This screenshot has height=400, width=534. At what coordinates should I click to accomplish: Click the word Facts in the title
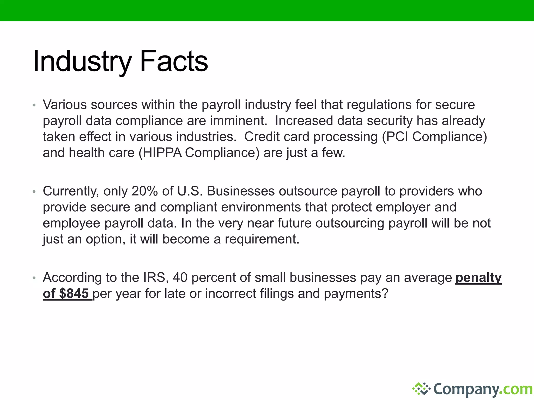(174, 62)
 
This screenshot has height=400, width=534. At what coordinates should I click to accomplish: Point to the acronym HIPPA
(162, 153)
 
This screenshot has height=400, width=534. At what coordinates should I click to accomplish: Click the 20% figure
(145, 191)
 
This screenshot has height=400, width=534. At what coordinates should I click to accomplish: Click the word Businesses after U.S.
(241, 191)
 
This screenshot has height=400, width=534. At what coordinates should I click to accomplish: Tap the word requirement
(262, 239)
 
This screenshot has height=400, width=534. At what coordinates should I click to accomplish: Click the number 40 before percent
(180, 278)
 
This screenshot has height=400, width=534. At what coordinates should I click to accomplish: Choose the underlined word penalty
(478, 278)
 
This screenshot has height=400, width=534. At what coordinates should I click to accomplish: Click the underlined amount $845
(74, 294)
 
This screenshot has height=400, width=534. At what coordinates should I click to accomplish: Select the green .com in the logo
(517, 389)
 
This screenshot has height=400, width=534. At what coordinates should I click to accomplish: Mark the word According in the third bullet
(72, 278)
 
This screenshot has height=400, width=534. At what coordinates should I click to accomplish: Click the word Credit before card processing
(262, 137)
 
